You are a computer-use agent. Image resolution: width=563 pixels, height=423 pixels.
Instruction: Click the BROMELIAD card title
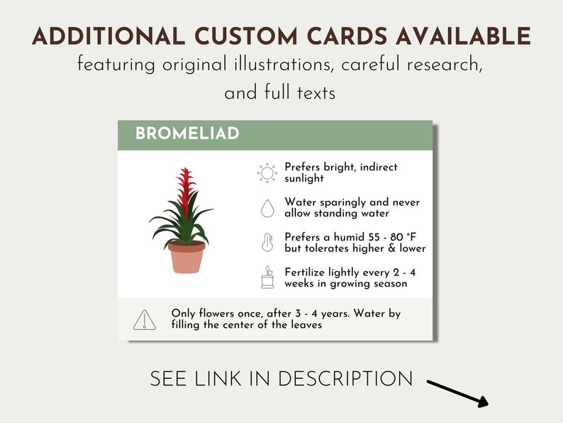pos(187,133)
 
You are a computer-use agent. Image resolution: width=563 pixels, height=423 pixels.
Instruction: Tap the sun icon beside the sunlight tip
pos(267,172)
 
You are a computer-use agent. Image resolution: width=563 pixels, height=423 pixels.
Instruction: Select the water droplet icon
pos(267,208)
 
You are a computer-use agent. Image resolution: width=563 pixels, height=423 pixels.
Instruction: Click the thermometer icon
pos(267,242)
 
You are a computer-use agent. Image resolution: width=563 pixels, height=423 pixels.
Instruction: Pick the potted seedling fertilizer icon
pos(267,277)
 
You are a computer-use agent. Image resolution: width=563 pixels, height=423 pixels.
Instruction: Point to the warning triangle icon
pos(145,319)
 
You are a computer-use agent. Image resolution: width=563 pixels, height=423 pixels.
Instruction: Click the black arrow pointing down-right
pos(458,393)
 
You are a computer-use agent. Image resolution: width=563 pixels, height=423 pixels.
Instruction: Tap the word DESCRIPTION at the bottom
pos(345,379)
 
